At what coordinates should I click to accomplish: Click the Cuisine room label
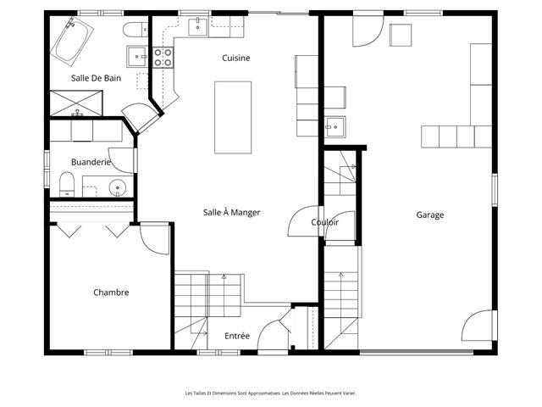235,58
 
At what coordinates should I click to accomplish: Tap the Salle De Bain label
96,78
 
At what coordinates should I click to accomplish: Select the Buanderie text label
91,162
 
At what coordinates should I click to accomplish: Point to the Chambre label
111,293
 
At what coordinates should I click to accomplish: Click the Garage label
430,215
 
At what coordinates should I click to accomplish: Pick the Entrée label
237,336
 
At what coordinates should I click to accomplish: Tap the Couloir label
325,222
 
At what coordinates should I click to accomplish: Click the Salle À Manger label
231,212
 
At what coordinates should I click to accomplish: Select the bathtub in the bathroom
72,42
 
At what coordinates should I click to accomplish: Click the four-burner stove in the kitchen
163,57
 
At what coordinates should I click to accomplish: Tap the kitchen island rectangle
233,117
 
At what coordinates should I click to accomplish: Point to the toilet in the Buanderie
67,185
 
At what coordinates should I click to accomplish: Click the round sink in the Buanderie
118,188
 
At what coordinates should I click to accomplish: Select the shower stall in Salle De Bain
76,103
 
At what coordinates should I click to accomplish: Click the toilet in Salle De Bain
135,29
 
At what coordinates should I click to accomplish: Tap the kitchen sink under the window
197,27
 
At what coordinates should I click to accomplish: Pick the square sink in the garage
335,127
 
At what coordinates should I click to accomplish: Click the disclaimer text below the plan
271,393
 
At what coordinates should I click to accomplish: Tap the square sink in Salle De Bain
137,57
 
